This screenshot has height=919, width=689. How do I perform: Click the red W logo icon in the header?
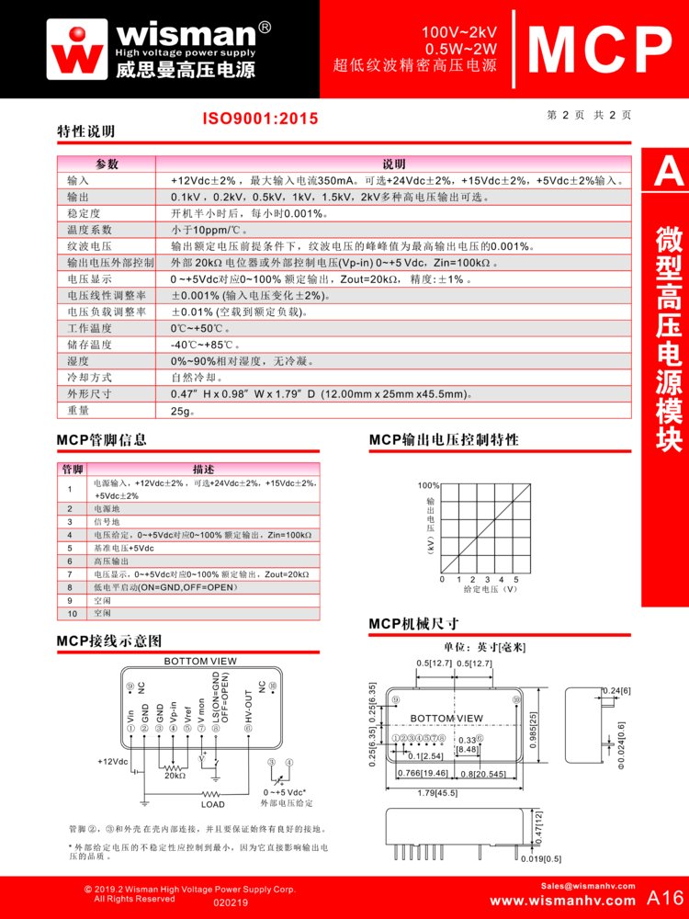[x=79, y=48]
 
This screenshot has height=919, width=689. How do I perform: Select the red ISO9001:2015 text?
[x=260, y=119]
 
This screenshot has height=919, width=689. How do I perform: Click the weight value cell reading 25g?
[x=183, y=411]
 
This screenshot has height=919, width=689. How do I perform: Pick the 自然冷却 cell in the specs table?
[x=197, y=378]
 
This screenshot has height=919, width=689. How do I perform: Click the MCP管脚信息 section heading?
[x=101, y=440]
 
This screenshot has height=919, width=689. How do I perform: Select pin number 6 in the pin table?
[x=70, y=561]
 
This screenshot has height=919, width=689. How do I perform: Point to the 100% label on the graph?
[x=429, y=484]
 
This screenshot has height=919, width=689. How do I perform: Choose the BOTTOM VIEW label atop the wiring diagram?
[x=199, y=661]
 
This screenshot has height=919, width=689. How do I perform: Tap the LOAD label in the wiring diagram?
[x=212, y=804]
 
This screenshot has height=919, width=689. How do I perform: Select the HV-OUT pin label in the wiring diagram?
[x=248, y=706]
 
